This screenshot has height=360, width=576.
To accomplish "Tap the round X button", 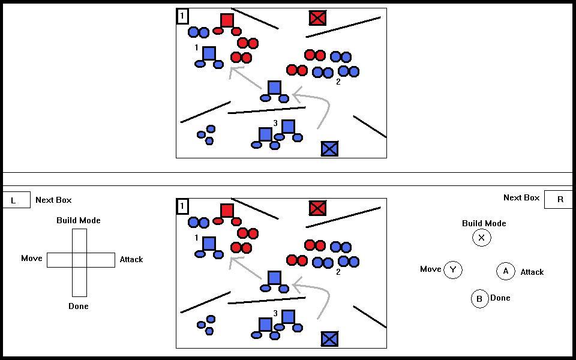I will point(481,238).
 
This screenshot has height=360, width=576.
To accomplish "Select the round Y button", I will point(453,270).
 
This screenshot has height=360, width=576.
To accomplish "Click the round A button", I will point(506,271).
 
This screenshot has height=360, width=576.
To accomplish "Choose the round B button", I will point(479,299).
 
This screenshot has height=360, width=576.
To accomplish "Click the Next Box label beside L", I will point(53,200).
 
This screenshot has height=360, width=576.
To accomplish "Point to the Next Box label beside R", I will point(521,197).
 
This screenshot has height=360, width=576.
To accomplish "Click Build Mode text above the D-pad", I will point(79,220).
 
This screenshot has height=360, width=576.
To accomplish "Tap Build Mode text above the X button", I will point(484,223).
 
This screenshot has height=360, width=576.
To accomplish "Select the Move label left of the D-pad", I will point(32,258).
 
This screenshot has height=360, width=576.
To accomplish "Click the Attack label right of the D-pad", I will point(131,259).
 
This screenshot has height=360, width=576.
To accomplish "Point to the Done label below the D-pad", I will point(79,306).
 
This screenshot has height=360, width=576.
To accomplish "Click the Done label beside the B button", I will point(500,298).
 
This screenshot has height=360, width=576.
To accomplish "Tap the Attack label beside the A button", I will point(532,272).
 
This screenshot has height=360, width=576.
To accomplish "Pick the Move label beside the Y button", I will point(430,269).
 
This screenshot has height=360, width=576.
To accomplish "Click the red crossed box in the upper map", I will point(317,18).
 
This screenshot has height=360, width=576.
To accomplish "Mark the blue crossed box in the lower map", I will point(329,339).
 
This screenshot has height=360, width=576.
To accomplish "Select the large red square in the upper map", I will point(227,20).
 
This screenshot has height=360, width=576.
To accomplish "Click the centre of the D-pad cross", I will point(79,260).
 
